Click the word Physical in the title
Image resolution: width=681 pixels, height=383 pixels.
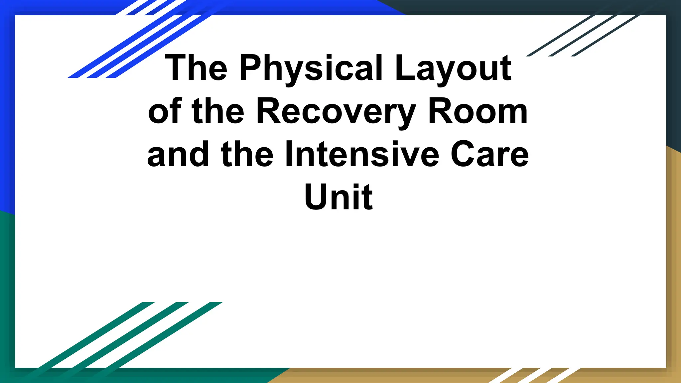click(311, 68)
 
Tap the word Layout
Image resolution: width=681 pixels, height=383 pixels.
click(453, 68)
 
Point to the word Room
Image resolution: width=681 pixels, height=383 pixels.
click(478, 112)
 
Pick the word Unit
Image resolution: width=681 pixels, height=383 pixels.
click(339, 197)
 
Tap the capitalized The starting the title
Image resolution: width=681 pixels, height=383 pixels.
click(196, 68)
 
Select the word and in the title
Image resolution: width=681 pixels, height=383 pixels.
click(178, 155)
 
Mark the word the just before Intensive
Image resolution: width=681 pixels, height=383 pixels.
click(247, 155)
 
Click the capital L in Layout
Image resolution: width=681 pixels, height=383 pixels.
click(403, 68)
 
